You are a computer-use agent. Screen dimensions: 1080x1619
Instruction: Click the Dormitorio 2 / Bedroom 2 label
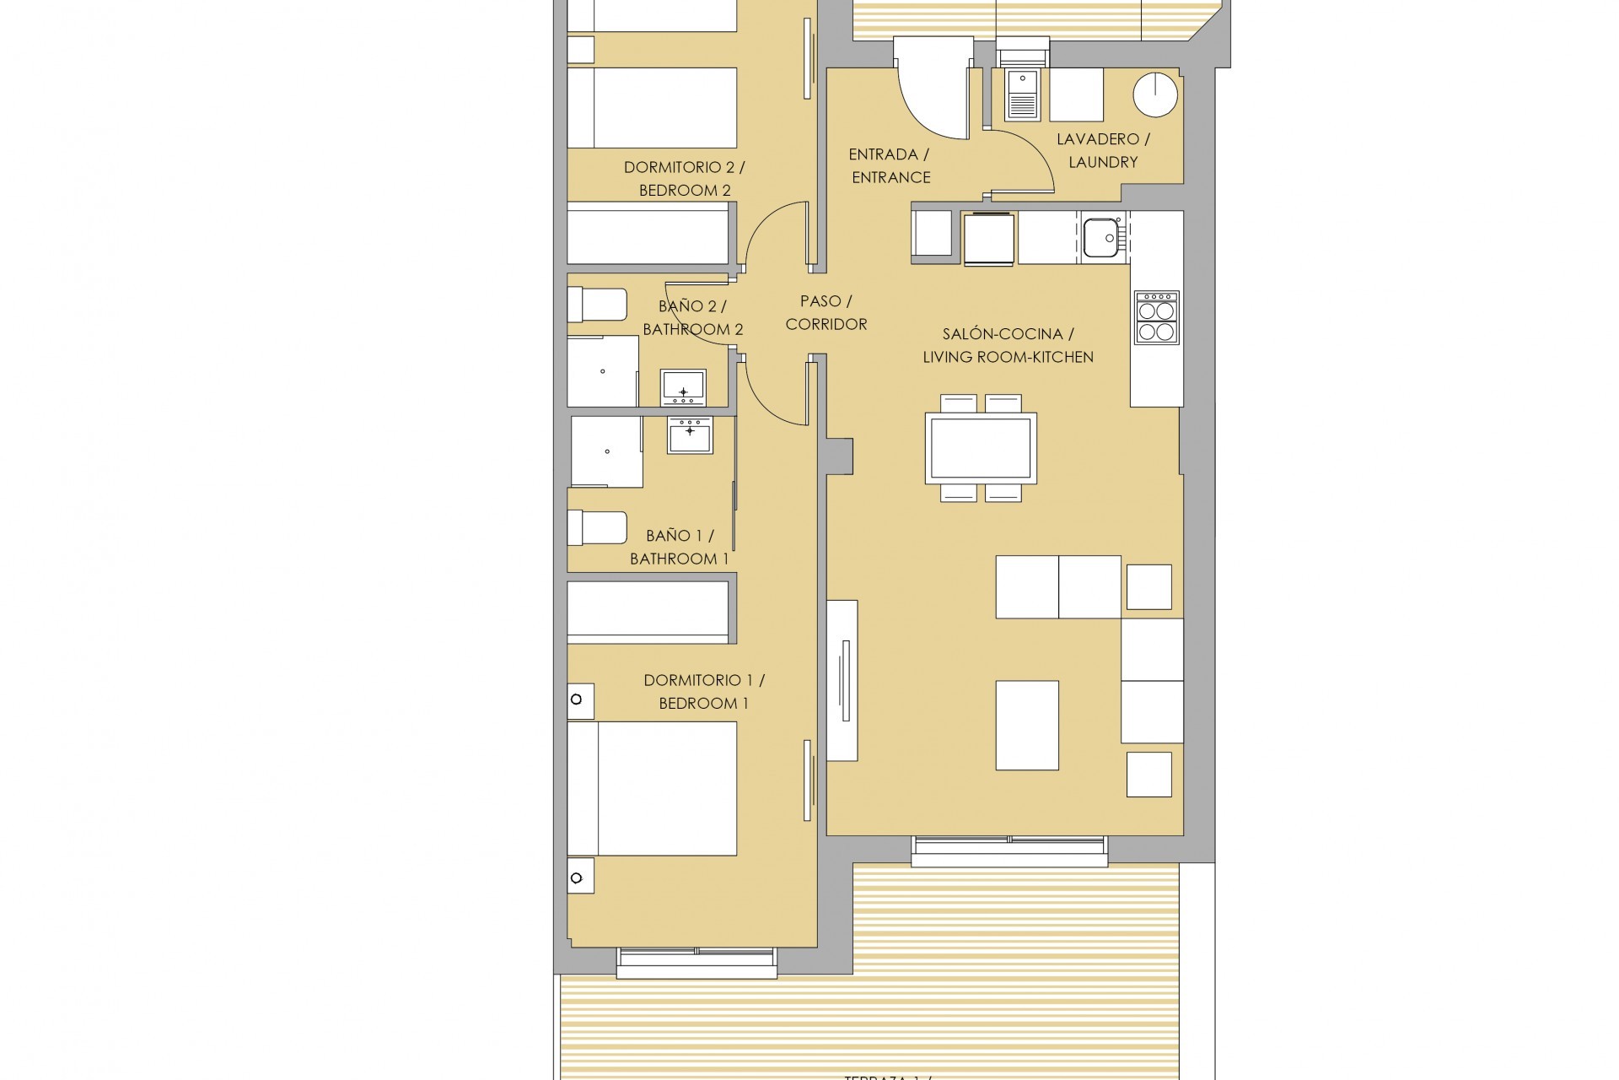684,179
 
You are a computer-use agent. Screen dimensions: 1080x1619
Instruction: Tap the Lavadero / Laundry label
1103,150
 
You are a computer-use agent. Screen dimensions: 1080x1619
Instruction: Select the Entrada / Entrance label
890,165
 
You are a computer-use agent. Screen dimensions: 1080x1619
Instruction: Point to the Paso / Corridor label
826,312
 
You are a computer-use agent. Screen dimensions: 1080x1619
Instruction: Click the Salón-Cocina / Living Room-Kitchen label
1008,346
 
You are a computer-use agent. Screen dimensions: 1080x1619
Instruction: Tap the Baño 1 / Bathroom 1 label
679,547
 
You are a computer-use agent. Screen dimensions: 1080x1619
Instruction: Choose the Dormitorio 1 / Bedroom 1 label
703,692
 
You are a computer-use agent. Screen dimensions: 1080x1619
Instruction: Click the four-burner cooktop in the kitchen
1156,317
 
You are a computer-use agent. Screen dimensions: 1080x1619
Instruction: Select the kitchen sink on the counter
1100,238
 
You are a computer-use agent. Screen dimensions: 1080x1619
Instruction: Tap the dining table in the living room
981,448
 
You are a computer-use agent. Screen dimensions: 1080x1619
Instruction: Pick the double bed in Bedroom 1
651,788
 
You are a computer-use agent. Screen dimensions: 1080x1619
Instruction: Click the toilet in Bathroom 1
597,528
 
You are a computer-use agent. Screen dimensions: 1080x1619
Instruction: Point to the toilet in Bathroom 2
597,305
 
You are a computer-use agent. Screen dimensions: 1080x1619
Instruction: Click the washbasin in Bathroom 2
683,388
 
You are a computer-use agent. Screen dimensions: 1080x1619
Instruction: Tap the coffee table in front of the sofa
1027,726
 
